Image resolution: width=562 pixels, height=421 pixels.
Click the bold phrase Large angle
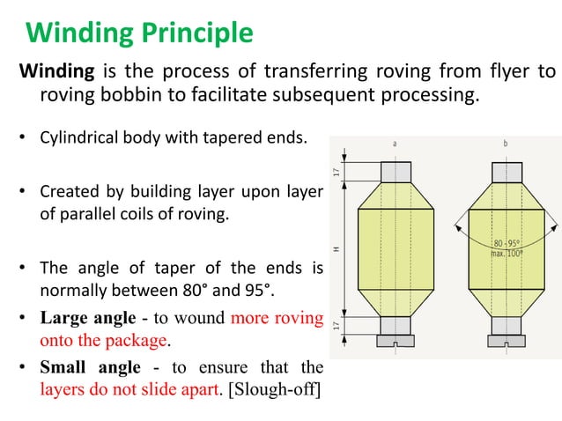point(87,318)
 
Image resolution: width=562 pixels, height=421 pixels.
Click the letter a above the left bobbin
point(396,143)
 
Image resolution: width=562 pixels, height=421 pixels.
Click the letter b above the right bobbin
point(506,143)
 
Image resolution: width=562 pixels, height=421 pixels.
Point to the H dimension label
point(337,250)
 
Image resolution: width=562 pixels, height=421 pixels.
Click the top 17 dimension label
point(337,171)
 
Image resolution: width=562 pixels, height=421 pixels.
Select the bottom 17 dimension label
point(337,326)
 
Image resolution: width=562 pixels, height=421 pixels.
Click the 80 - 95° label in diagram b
point(506,243)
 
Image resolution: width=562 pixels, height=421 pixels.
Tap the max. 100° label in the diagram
point(506,254)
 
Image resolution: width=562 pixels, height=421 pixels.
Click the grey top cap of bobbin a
point(396,171)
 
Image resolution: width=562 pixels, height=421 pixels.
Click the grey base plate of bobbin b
point(507,341)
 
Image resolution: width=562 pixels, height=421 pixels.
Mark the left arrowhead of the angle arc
point(455,225)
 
